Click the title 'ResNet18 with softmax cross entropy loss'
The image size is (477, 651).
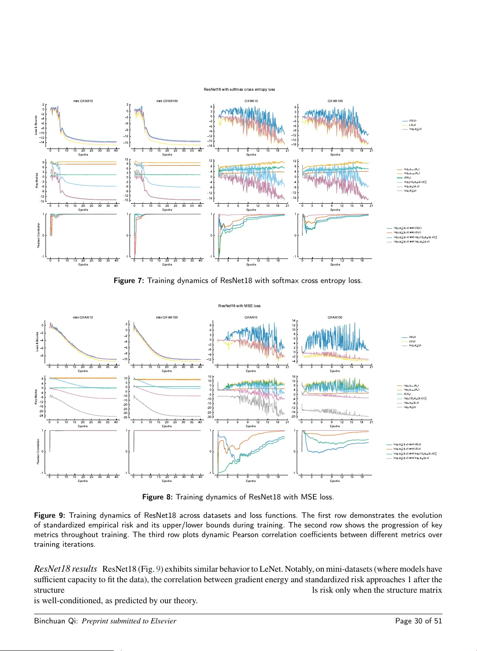[x=239, y=89]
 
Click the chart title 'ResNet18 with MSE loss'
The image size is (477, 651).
[x=239, y=306]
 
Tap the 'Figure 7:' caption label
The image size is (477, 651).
[x=129, y=281]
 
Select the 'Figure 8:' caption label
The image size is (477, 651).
[x=158, y=497]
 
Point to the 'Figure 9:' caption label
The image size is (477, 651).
[x=49, y=516]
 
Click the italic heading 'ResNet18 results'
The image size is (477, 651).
[x=66, y=569]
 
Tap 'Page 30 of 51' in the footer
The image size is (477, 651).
[x=418, y=621]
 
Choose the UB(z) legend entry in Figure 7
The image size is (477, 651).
[x=412, y=120]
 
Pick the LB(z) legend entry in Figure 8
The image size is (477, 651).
[x=412, y=341]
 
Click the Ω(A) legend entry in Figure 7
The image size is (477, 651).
[x=407, y=177]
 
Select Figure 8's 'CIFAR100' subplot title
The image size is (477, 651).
[x=335, y=317]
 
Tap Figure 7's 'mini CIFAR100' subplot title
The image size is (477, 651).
[x=167, y=101]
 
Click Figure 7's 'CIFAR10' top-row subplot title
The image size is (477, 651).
[x=251, y=101]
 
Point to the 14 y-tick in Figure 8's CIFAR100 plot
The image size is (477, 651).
[x=294, y=321]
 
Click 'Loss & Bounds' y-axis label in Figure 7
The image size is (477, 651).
[x=36, y=125]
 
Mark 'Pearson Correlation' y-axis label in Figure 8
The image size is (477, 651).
[x=38, y=452]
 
